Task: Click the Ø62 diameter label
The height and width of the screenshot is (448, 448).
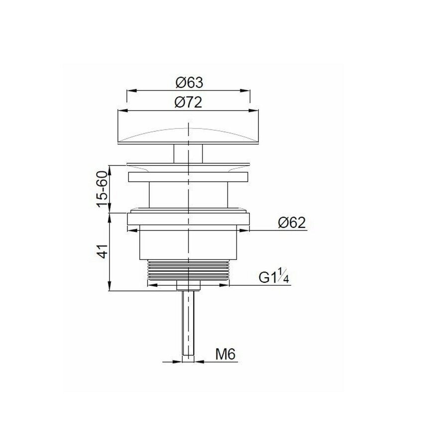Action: (x=291, y=224)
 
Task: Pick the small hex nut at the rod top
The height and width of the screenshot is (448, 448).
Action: (x=188, y=286)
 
